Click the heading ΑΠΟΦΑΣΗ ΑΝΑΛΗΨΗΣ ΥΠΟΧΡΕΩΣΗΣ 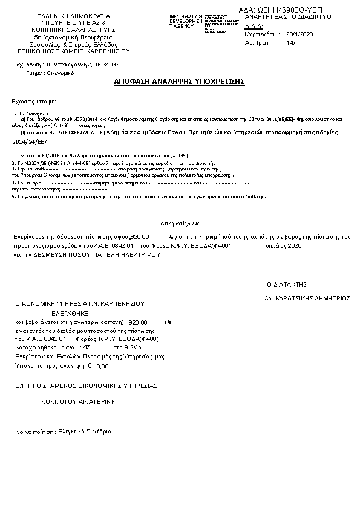click(179, 82)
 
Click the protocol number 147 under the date click(290, 43)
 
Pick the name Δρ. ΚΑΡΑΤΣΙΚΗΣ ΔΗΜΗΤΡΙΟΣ click(307, 299)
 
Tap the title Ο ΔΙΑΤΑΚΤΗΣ click(288, 284)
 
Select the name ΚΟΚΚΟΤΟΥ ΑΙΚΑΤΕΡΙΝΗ click(79, 401)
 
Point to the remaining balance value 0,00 click(102, 366)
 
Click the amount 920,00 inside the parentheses click(138, 323)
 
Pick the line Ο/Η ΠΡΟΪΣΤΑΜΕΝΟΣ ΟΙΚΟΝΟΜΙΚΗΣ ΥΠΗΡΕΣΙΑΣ click(86, 385)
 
